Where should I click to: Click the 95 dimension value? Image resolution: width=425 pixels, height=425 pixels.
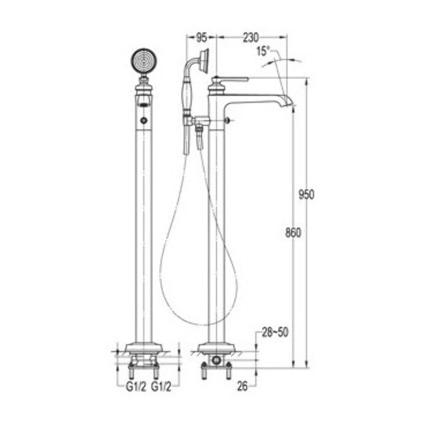click(x=202, y=38)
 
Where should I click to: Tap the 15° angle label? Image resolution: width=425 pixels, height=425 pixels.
click(x=263, y=52)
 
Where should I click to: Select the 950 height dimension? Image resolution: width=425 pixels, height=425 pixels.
click(x=306, y=195)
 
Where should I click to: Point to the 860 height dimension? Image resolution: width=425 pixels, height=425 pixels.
click(x=293, y=233)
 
